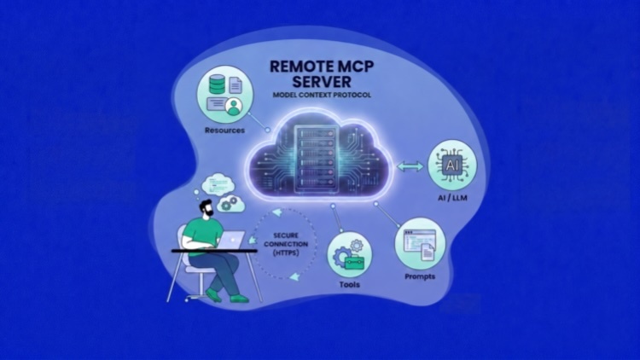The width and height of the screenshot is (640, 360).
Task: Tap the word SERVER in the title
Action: coord(322,82)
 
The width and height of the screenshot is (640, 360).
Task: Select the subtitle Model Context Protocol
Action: coord(322,95)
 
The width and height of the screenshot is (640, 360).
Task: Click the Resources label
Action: coord(224,131)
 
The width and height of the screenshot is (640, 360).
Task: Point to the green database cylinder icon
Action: coord(217,84)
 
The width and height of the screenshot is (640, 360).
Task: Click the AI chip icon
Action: coord(451,165)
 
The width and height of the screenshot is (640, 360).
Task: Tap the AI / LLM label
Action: coord(452,198)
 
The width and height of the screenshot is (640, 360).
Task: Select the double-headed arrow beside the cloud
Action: coord(410,166)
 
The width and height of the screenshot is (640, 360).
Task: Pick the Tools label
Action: coord(349,284)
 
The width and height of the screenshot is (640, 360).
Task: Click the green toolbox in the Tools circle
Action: coord(354,262)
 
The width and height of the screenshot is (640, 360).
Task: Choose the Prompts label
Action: coord(420,276)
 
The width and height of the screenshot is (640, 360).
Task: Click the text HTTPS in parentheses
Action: coord(286,253)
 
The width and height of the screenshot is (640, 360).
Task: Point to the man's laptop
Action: coord(232,240)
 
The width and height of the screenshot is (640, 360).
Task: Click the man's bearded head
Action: coord(207,208)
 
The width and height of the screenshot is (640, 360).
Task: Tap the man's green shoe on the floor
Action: coord(239,299)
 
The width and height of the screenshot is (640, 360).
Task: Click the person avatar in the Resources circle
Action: coord(234,107)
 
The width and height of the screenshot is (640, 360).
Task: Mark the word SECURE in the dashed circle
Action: coord(286,235)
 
